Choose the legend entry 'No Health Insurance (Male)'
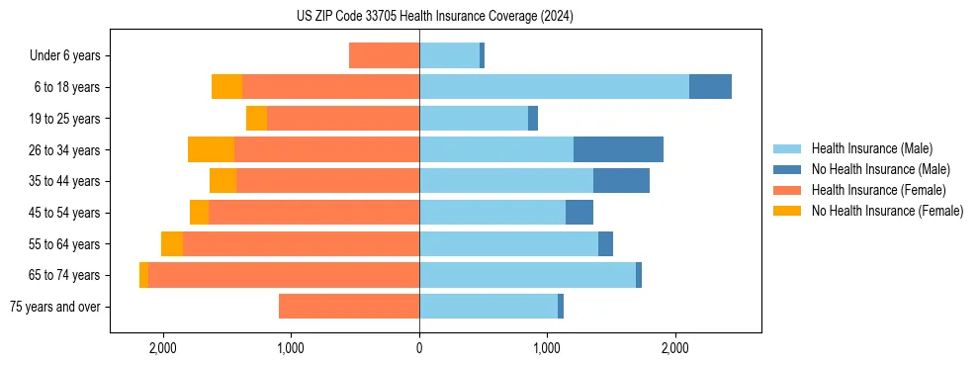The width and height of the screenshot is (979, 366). (x=880, y=169)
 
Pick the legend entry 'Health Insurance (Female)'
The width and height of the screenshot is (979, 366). (x=878, y=190)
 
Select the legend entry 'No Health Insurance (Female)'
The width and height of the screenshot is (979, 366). (x=887, y=211)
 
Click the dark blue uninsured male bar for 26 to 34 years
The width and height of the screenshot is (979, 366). (x=618, y=149)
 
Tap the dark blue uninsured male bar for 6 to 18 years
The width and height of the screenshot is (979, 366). (x=710, y=87)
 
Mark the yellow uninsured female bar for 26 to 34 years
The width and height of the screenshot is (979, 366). (x=211, y=149)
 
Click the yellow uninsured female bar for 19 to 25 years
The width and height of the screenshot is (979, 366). (x=256, y=119)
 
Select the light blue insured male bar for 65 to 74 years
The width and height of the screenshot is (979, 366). (x=527, y=275)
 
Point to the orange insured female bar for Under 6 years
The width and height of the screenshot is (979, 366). (x=384, y=56)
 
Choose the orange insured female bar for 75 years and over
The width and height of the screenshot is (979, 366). (x=349, y=307)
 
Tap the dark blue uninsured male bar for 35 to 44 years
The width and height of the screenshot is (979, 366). (x=621, y=181)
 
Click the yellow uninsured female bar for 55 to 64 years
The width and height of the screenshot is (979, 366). (x=172, y=244)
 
